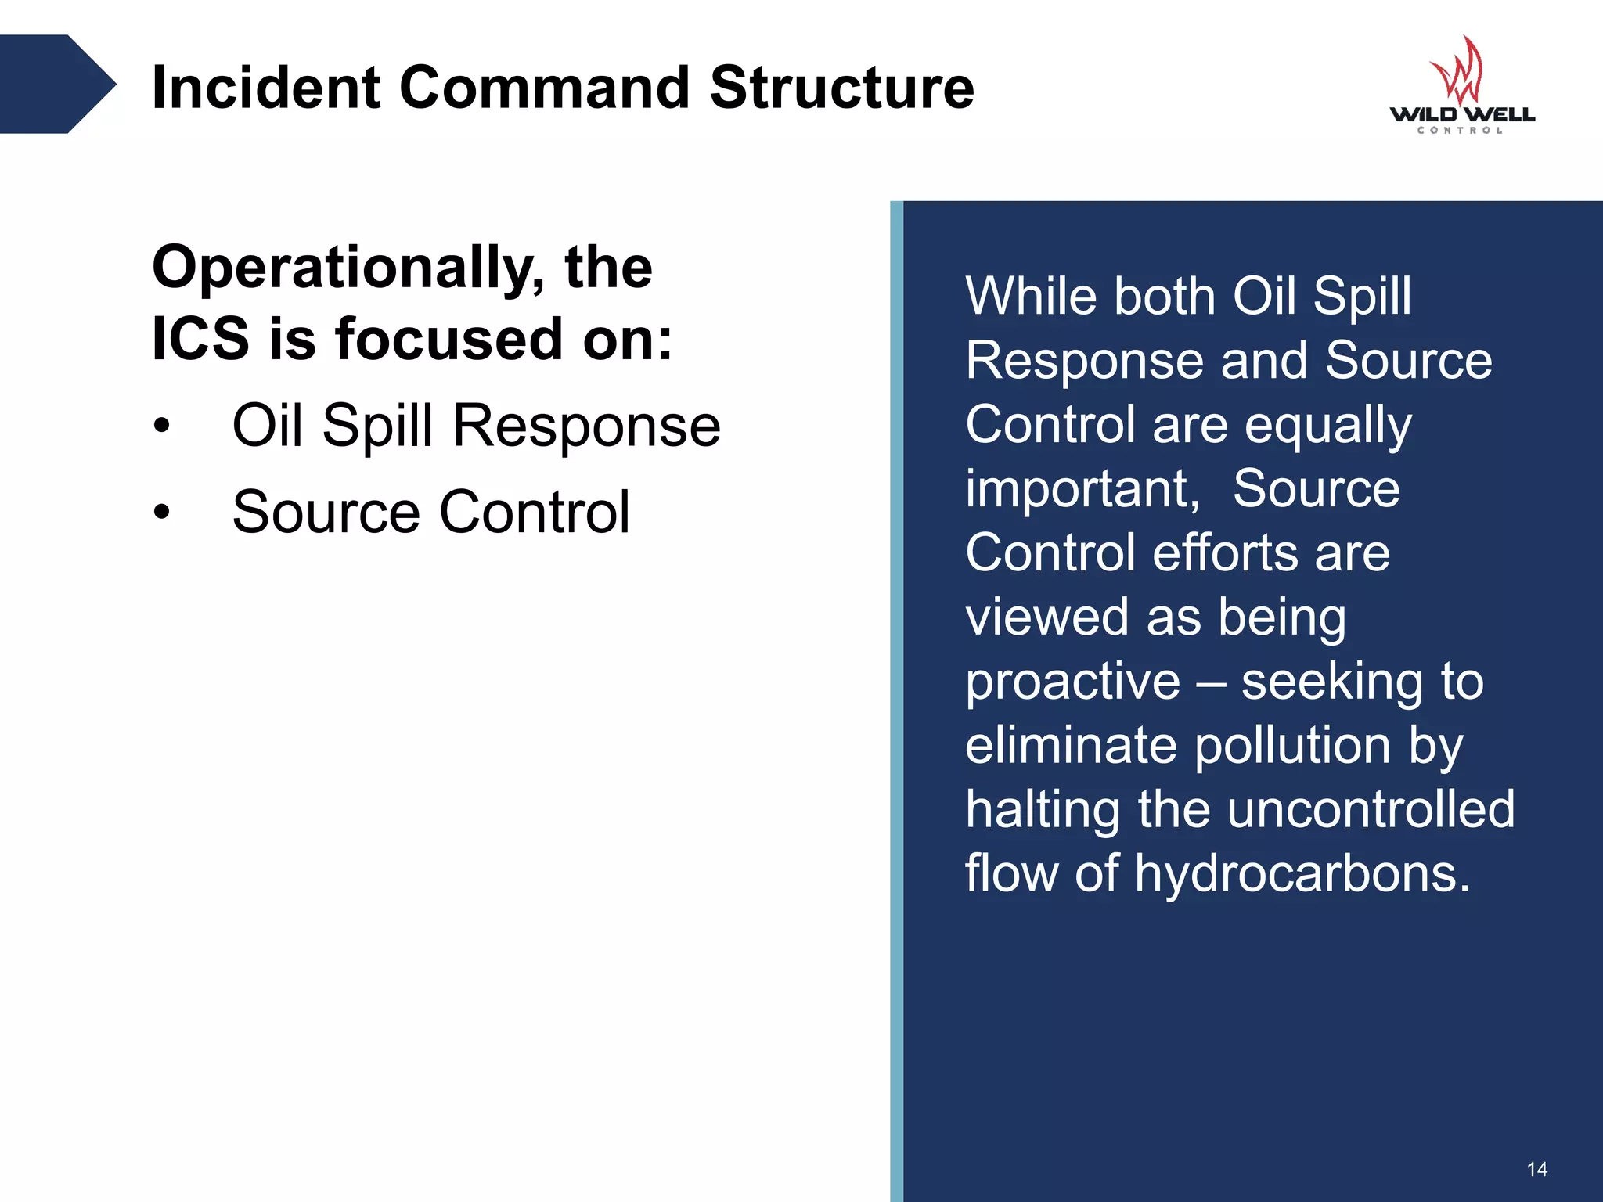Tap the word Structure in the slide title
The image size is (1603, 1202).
click(x=841, y=87)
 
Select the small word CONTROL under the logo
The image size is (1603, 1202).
click(x=1461, y=131)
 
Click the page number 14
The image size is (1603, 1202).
click(x=1536, y=1169)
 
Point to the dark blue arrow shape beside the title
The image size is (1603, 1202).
click(x=55, y=84)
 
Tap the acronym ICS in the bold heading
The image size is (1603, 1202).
click(x=200, y=340)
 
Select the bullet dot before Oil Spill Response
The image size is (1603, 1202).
click(x=162, y=426)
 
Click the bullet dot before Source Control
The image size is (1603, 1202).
click(x=162, y=512)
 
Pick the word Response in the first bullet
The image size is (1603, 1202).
click(x=586, y=426)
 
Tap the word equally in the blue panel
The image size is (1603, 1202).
click(x=1328, y=425)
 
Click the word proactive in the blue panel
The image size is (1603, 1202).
click(x=1072, y=681)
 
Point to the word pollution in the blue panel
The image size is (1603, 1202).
click(x=1292, y=745)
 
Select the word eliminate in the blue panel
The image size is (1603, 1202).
click(x=1071, y=745)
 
